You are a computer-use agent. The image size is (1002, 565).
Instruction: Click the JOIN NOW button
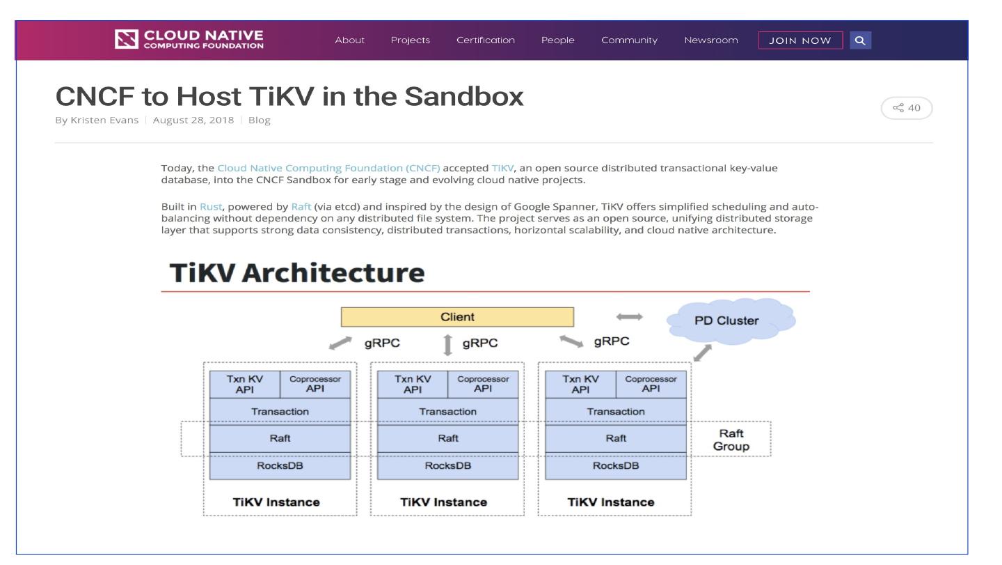point(800,40)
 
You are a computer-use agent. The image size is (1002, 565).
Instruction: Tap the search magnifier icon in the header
point(860,40)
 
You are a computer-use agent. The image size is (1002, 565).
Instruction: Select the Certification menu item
point(485,40)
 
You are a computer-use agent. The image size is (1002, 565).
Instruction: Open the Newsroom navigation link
point(710,40)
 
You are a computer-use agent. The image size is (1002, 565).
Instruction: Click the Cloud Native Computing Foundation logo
point(190,40)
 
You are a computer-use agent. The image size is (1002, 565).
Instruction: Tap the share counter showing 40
point(907,108)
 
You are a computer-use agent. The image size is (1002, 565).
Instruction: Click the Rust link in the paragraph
point(210,207)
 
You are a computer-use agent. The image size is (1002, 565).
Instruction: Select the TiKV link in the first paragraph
point(502,168)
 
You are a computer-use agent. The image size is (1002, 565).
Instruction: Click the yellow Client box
point(457,317)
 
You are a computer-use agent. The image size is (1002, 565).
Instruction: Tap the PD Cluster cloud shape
point(729,320)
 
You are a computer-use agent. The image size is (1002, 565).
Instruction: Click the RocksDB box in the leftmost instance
point(280,466)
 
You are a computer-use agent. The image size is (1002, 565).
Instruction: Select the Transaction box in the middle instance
point(447,411)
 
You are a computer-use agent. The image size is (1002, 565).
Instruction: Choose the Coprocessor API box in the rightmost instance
point(651,384)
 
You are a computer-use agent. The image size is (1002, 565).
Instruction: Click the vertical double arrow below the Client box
point(447,345)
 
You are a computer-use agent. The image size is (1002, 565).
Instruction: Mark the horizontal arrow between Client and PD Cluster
point(629,317)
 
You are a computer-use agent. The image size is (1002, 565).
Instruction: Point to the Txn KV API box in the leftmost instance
point(244,384)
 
